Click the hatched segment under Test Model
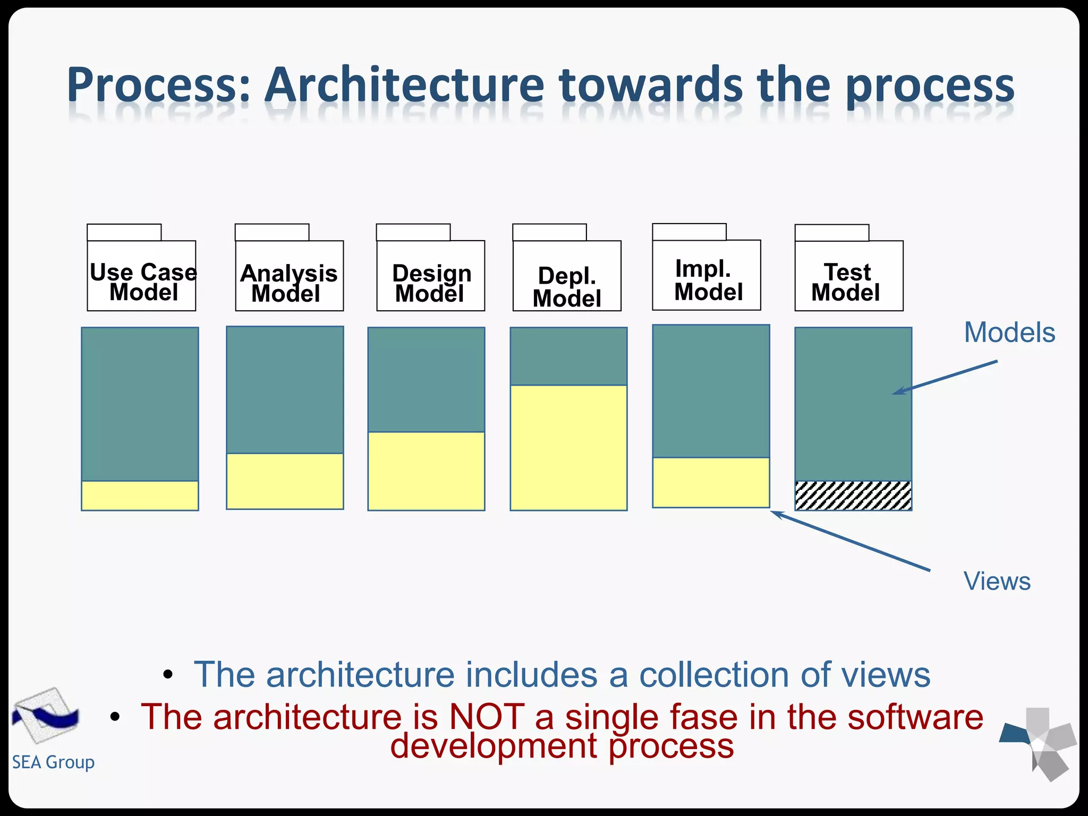[853, 496]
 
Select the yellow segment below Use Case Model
[140, 496]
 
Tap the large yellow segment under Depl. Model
[568, 447]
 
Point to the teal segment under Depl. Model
[568, 356]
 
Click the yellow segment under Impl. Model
[711, 482]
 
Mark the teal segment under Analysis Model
[285, 389]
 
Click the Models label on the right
[1009, 333]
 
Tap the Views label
[997, 581]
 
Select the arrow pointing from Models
[946, 377]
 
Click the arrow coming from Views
[850, 541]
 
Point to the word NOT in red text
[487, 717]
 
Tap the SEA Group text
[53, 762]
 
